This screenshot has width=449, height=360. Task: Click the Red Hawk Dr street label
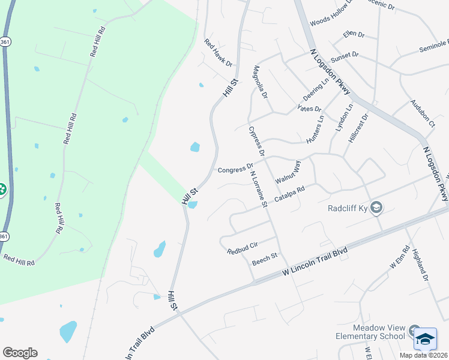point(218,53)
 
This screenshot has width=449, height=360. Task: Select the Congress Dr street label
point(235,170)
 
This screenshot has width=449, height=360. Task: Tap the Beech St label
point(265,259)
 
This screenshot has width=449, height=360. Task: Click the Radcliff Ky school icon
point(376,208)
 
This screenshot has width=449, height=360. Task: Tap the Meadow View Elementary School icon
point(414,331)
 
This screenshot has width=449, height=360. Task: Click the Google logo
point(20,352)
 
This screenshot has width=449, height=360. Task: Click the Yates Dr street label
point(310,109)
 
